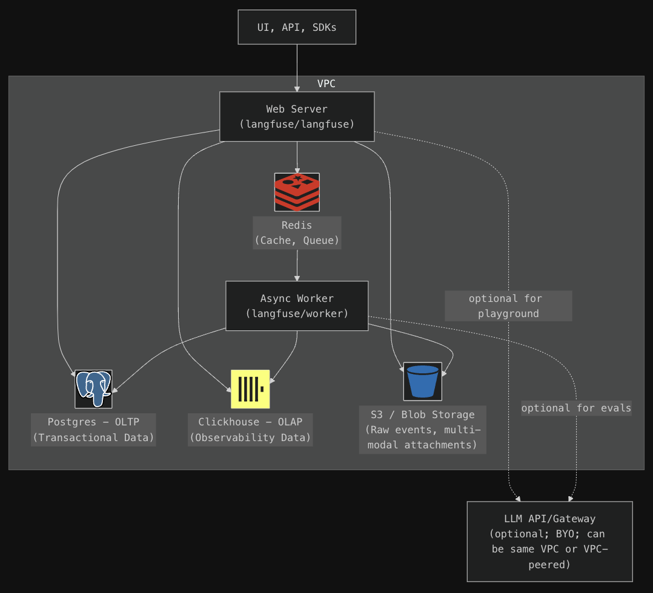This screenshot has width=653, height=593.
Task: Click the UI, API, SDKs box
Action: pos(297,27)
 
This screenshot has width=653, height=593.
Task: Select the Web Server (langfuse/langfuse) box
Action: pos(297,116)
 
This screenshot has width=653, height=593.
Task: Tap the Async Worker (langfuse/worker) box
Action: pos(297,306)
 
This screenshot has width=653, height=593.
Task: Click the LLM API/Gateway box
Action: pos(549,541)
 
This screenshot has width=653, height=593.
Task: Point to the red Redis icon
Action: pos(297,192)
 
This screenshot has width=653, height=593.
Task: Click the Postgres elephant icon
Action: pos(93,389)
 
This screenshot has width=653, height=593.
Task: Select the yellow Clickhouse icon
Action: pos(250,389)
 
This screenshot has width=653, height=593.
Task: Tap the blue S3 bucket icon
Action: pos(423,381)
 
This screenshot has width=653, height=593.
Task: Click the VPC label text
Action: pos(326,84)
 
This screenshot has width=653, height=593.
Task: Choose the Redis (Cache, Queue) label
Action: pos(297,233)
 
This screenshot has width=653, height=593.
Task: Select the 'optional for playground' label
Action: pos(508,306)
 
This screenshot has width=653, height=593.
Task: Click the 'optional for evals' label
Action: pos(576,408)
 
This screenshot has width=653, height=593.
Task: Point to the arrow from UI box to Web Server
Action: pos(297,67)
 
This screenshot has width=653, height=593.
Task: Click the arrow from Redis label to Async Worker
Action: pos(297,265)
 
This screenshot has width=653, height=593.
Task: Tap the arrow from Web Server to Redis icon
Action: pos(297,157)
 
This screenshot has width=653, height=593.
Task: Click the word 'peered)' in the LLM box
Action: pos(549,565)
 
